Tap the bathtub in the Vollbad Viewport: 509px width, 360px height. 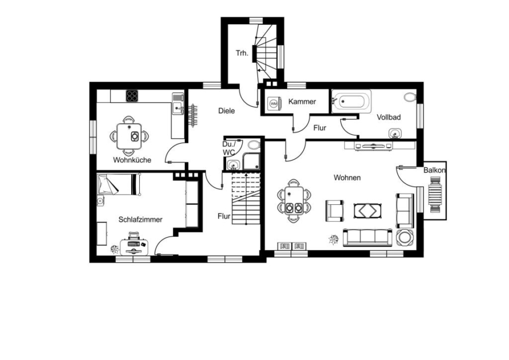tap(351, 101)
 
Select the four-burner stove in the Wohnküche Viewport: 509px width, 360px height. tap(132, 96)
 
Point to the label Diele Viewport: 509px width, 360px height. tap(226, 111)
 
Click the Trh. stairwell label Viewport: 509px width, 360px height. tap(242, 53)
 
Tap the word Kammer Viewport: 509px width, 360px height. tap(302, 102)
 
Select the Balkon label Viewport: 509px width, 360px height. tap(434, 170)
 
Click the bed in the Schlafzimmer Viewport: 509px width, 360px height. tap(119, 184)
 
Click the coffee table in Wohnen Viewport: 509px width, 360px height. tap(368, 211)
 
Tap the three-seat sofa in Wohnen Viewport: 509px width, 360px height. tap(368, 237)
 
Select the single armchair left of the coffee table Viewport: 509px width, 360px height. tap(335, 211)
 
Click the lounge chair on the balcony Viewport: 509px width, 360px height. tap(435, 194)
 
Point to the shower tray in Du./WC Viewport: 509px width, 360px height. tap(252, 161)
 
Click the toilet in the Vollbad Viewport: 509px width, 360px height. tap(411, 97)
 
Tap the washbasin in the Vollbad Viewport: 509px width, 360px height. tap(395, 133)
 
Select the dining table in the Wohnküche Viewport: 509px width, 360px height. tap(129, 136)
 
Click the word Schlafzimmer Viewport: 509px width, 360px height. tap(140, 220)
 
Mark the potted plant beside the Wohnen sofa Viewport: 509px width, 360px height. tap(334, 240)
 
